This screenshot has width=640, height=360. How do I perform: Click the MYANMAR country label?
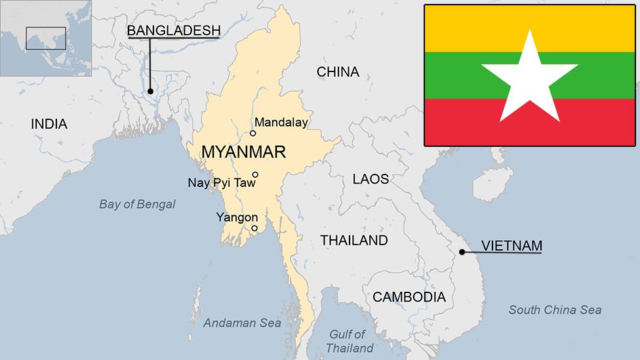243,152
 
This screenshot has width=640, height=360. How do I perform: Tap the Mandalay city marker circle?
252,133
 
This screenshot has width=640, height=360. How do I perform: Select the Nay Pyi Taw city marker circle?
255,174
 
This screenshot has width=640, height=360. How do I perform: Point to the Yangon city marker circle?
254,228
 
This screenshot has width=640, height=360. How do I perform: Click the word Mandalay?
281,122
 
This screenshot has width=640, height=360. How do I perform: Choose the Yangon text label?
237,217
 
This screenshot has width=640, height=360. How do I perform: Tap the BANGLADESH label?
173,30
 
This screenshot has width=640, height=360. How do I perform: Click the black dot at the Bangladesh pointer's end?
150,91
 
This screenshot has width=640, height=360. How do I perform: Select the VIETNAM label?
511,246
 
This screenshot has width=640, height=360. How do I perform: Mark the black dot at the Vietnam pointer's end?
462,252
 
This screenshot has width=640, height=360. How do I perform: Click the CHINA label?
338,72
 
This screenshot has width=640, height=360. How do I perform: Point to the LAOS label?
370,179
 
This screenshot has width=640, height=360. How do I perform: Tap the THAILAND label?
354,241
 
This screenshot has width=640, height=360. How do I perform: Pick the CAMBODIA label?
409,297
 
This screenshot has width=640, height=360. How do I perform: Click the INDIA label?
49,124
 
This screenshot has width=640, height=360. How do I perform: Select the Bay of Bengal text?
137,204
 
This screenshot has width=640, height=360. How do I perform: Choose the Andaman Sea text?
242,323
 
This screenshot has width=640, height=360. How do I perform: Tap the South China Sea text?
555,310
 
